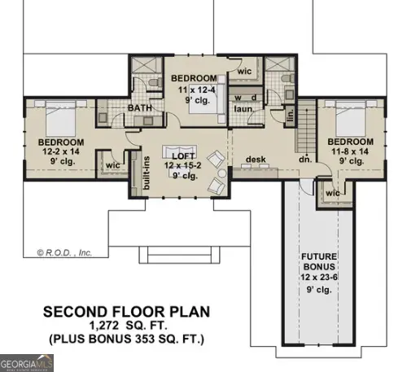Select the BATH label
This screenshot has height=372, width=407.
(x=139, y=107)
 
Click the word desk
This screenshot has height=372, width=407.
(x=257, y=160)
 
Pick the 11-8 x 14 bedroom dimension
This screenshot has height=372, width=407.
(x=350, y=151)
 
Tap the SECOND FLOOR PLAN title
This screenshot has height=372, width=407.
(x=126, y=312)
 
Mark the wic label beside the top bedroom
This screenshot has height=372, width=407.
(x=243, y=72)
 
